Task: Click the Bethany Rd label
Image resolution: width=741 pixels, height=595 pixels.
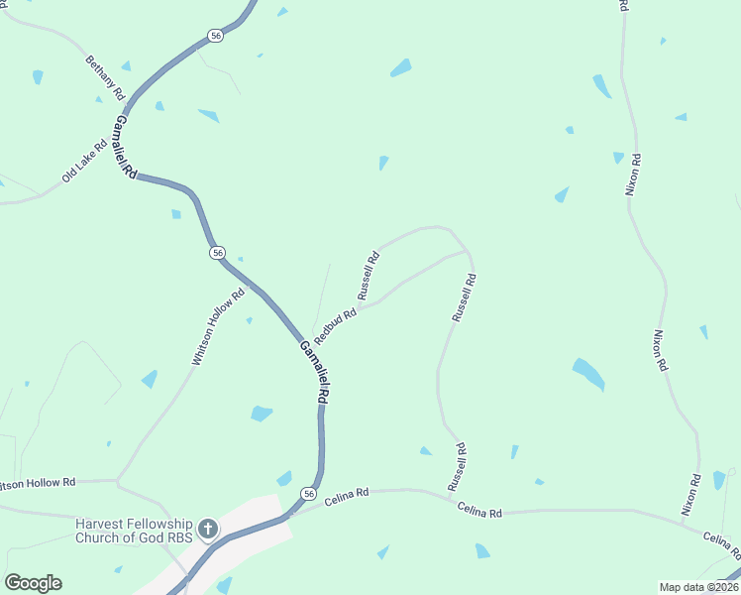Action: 105,76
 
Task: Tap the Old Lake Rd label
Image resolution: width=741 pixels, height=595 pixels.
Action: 81,161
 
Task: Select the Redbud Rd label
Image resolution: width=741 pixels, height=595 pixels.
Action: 335,322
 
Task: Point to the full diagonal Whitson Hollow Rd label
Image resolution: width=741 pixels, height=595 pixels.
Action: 218,328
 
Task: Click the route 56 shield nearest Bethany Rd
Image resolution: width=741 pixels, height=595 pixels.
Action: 216,36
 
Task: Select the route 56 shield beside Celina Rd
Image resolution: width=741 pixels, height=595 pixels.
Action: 309,494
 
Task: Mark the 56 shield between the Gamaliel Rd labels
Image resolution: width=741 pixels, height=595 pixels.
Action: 217,253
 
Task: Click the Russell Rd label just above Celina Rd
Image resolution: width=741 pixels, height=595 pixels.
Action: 457,467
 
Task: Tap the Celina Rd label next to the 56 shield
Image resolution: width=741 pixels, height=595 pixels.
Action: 349,492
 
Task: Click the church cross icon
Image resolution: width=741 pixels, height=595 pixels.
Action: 208,529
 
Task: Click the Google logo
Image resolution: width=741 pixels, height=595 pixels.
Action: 33,583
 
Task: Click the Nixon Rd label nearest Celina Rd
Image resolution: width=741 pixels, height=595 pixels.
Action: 691,493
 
